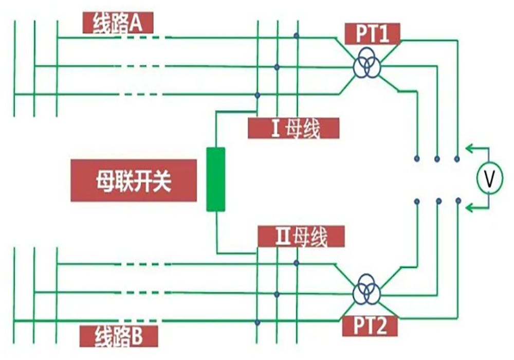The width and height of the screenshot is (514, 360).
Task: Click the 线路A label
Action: (118, 23)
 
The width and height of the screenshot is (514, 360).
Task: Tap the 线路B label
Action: (118, 337)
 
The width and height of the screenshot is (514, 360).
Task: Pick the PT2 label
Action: (371, 326)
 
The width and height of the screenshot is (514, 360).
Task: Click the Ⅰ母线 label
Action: (293, 129)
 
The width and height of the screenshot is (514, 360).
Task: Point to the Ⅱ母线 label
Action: (301, 237)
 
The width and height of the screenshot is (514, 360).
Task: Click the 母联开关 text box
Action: (134, 180)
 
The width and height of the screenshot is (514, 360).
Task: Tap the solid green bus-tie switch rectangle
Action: (216, 179)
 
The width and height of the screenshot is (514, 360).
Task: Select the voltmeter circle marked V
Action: (490, 178)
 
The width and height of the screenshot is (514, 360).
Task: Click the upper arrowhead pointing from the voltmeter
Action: (469, 149)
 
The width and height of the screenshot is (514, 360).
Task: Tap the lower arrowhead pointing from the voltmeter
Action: (469, 207)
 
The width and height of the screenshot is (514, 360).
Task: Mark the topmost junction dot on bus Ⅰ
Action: (297, 35)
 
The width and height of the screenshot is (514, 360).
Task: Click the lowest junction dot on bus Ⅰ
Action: (258, 95)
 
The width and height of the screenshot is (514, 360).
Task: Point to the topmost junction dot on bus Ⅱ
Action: (297, 263)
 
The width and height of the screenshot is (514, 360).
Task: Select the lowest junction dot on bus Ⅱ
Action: (258, 323)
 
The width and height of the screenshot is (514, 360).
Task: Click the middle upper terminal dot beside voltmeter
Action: (437, 158)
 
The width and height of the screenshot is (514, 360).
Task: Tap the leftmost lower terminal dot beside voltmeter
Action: (417, 201)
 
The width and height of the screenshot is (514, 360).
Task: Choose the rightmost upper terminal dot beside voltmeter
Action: (457, 159)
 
